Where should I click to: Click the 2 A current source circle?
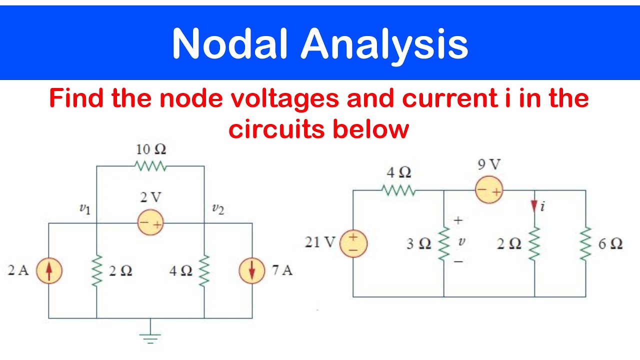[49, 270]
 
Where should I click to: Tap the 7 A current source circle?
[252, 270]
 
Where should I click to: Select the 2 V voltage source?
[150, 222]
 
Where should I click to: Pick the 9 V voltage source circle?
[489, 189]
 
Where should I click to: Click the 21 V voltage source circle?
[353, 243]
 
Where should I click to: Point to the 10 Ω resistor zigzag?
[150, 166]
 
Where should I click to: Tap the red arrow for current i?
[534, 206]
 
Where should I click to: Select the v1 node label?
[85, 209]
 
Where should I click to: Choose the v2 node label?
[218, 209]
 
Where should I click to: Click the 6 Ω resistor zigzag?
[585, 243]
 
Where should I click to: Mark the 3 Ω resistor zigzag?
[443, 243]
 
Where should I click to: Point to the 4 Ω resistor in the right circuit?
[398, 190]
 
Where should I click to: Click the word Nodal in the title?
[229, 43]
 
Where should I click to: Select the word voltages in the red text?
[284, 99]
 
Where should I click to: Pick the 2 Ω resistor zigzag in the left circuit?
[96, 270]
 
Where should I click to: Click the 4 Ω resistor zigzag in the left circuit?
[204, 270]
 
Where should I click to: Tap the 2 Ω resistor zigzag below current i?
[534, 243]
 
